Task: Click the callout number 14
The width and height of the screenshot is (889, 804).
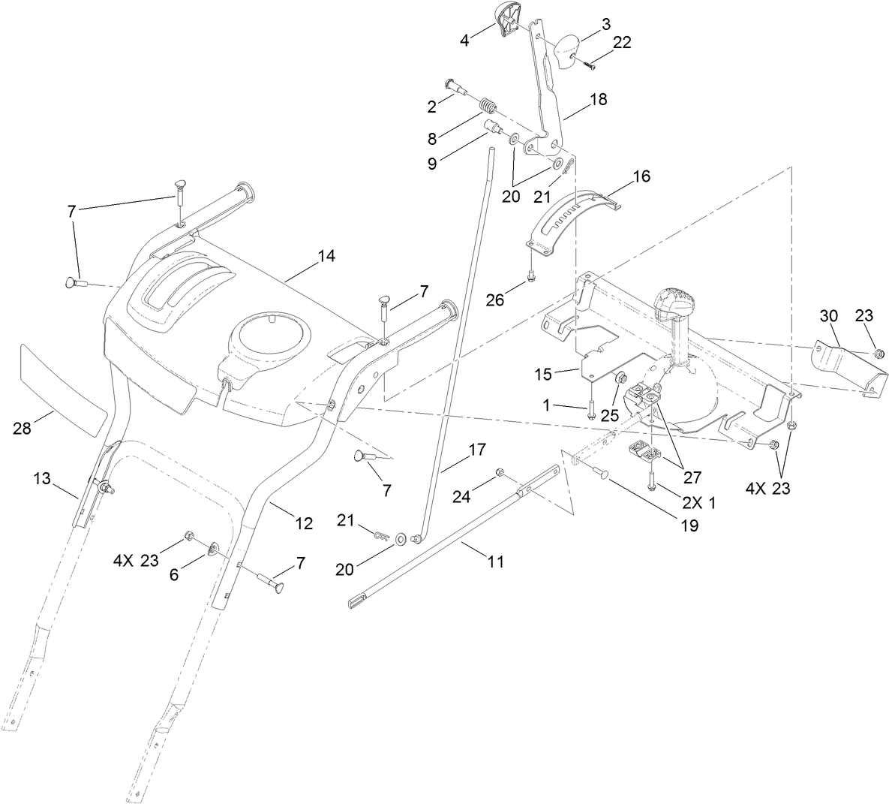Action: coord(326,256)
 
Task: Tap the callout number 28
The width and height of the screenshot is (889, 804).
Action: coord(23,429)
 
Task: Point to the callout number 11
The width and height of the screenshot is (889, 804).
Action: coord(495,561)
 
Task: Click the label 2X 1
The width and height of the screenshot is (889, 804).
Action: coord(698,503)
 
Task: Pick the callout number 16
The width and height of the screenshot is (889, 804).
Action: coord(641,176)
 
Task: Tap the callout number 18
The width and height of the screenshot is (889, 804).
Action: coord(598,99)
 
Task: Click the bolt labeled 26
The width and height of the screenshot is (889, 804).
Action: coord(531,276)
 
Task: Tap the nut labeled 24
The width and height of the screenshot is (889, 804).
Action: coord(498,472)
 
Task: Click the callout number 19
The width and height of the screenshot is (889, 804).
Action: coord(689,525)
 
